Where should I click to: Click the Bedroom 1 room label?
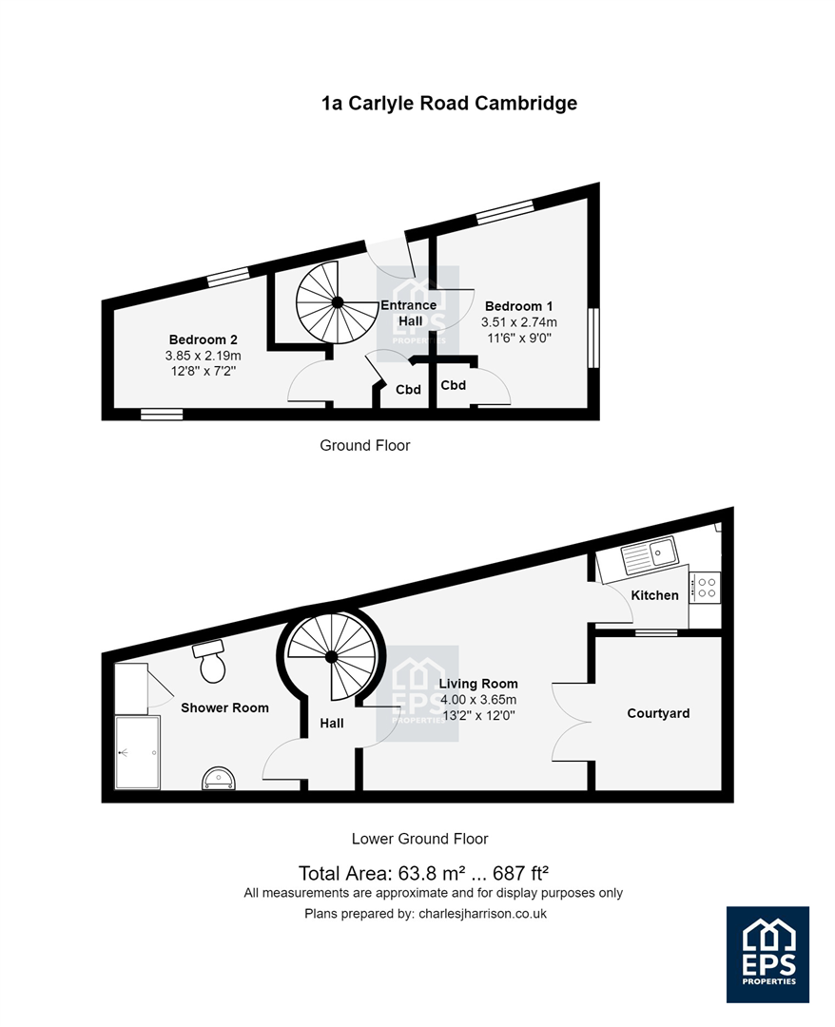click(518, 306)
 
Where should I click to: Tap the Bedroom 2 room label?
click(203, 339)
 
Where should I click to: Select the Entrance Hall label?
click(409, 313)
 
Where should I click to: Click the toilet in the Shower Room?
click(211, 662)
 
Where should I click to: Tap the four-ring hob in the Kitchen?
click(706, 587)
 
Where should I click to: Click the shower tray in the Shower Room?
click(138, 752)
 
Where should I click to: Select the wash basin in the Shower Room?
click(219, 779)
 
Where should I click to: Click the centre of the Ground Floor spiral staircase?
click(338, 302)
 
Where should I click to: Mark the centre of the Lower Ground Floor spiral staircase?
click(331, 656)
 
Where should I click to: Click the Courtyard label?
click(658, 713)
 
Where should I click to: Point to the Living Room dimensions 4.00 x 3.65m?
click(478, 700)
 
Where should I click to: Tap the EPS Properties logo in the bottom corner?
click(767, 955)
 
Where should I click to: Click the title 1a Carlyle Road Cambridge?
click(449, 104)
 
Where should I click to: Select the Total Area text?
click(423, 873)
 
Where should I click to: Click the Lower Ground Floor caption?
click(419, 839)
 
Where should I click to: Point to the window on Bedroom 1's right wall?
click(593, 338)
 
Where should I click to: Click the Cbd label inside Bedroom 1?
click(454, 385)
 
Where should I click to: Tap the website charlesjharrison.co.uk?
click(483, 913)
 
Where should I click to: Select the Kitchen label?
click(654, 594)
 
